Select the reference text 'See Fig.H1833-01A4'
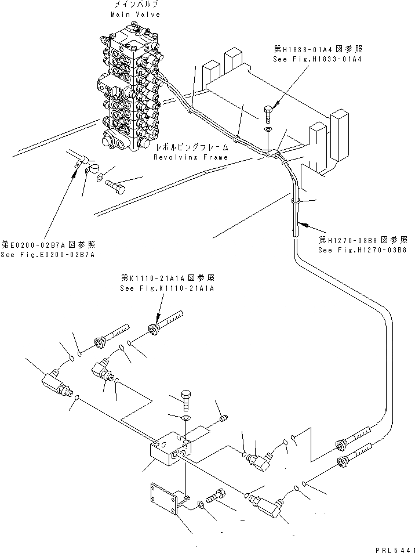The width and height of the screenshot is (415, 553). [x=318, y=59]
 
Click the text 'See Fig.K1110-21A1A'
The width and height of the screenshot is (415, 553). [x=168, y=288]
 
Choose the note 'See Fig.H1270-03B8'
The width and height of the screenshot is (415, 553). [x=362, y=250]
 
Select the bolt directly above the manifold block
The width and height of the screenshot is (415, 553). [x=184, y=400]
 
